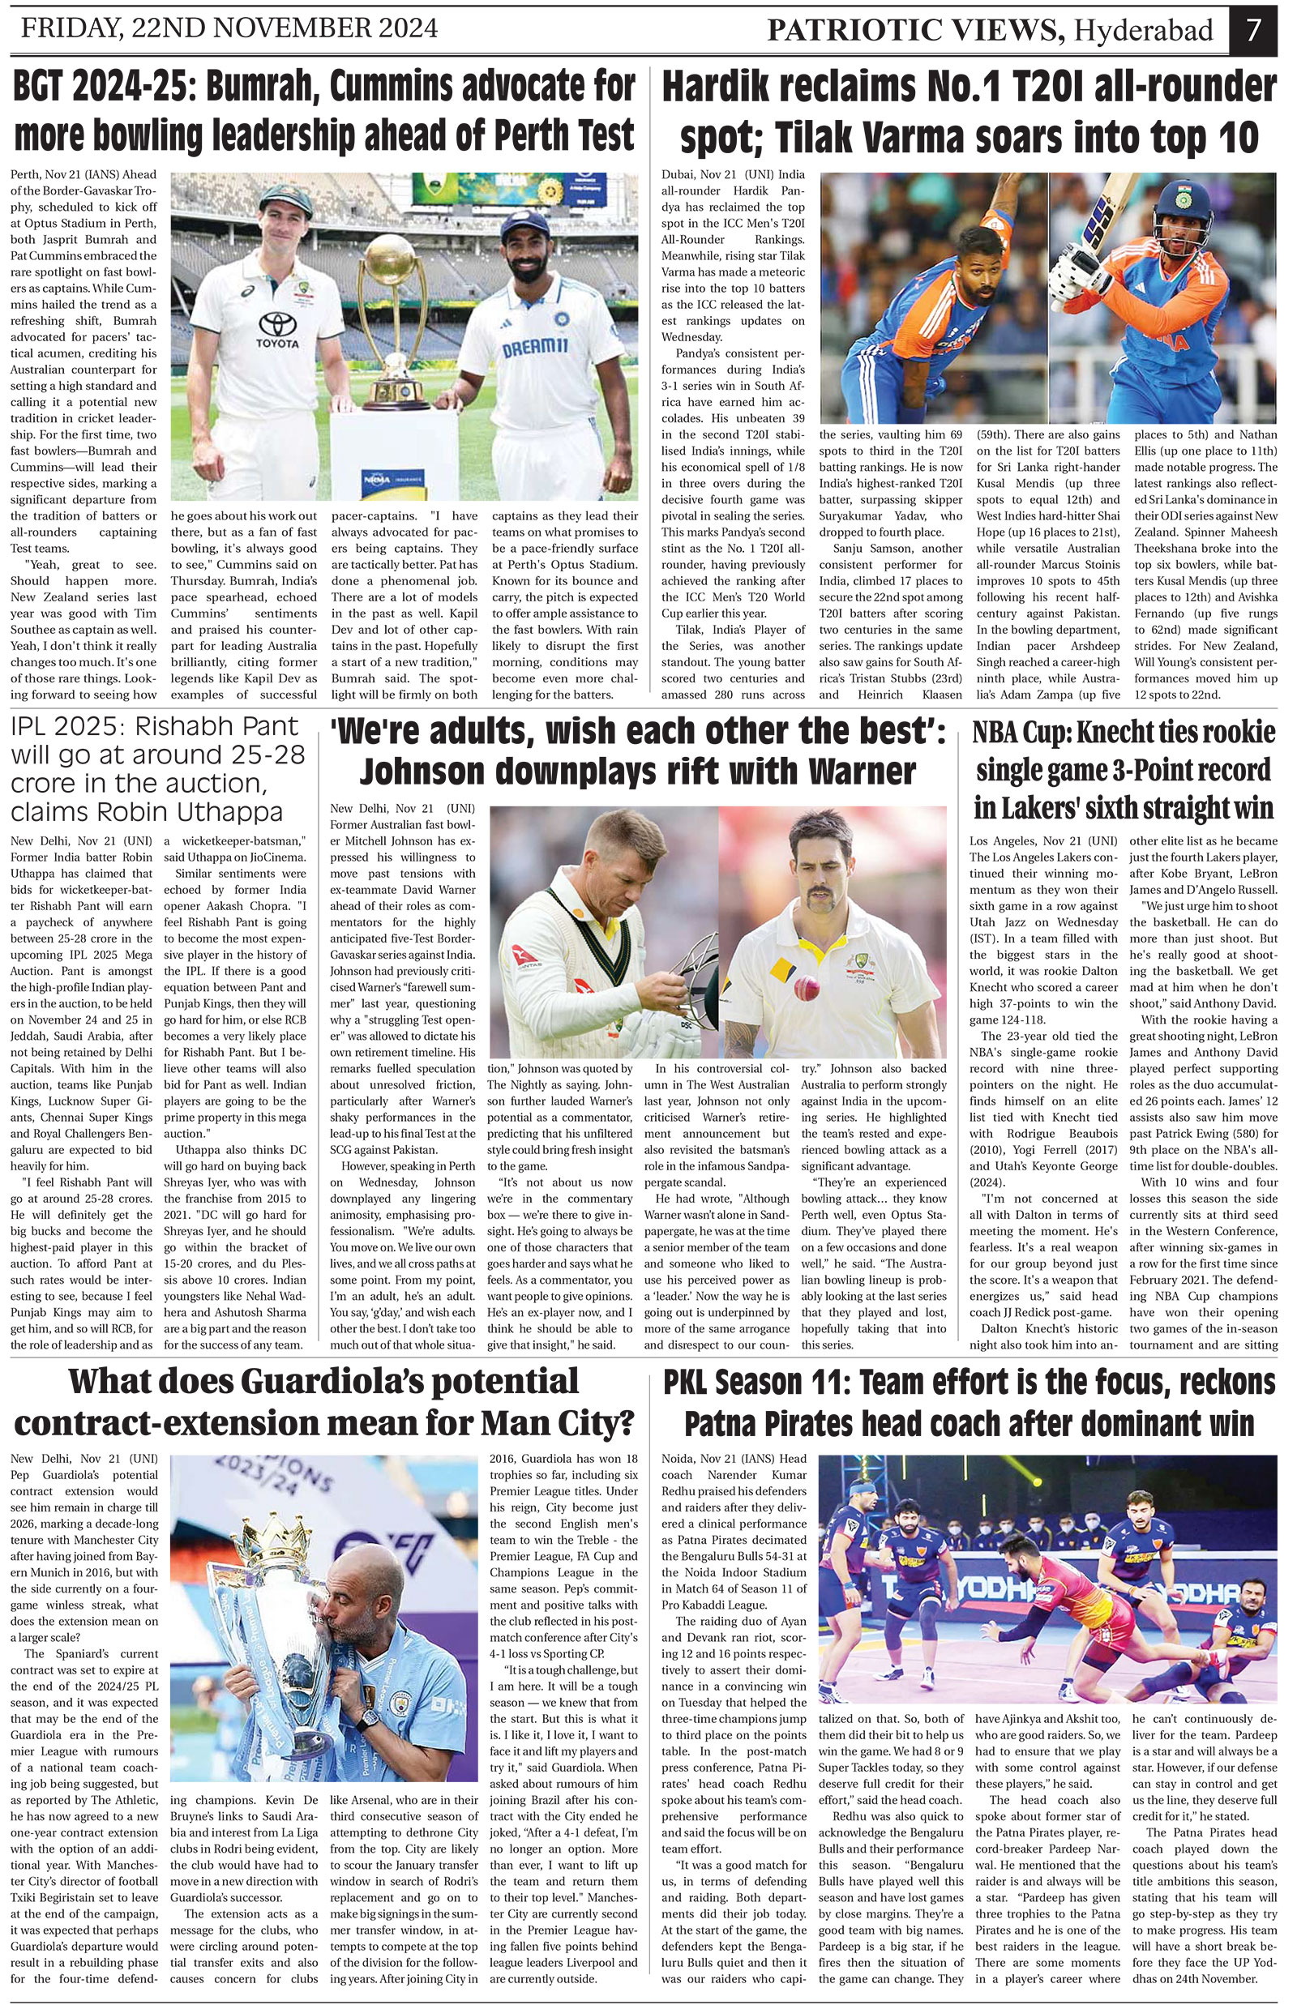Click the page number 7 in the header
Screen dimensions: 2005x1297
coord(1254,30)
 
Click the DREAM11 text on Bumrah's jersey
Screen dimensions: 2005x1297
coord(535,348)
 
